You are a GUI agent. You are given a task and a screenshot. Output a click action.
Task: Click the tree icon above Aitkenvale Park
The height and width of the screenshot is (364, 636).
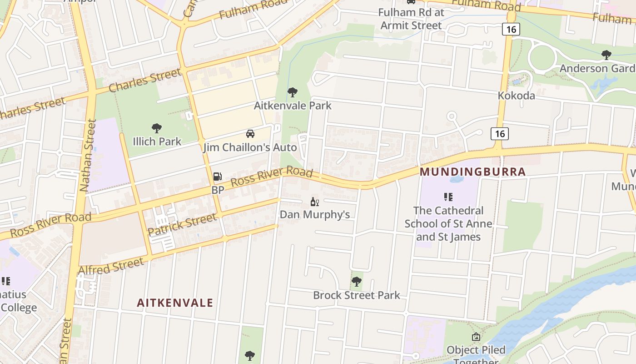(293, 92)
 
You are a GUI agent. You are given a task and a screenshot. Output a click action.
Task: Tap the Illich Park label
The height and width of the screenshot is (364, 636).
(157, 142)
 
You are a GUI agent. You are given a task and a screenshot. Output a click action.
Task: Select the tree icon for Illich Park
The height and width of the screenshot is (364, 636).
(157, 128)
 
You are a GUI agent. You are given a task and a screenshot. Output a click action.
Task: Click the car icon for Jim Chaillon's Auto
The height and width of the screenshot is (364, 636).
(250, 134)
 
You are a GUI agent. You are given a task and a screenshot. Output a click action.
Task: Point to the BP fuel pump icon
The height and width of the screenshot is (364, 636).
(218, 177)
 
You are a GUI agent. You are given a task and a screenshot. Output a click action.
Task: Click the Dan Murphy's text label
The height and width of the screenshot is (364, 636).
(314, 214)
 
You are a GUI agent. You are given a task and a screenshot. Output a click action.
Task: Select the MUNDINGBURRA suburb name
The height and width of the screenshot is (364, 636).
(472, 172)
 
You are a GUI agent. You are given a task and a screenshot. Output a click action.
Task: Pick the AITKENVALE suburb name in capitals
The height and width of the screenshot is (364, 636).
(175, 303)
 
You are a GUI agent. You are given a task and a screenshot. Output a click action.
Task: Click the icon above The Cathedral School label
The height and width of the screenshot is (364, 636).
(448, 197)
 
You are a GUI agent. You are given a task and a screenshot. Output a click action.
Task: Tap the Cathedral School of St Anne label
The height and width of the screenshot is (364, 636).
(448, 223)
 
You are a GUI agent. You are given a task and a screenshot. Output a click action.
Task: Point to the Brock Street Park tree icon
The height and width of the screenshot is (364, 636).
(357, 282)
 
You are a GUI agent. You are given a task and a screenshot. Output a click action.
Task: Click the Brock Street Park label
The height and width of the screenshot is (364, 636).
(357, 295)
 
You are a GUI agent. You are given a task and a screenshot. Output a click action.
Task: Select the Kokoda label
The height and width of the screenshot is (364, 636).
(516, 96)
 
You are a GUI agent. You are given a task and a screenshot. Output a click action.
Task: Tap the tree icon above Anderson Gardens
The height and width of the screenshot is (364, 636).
(606, 56)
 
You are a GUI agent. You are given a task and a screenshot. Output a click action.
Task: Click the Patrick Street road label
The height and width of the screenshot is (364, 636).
(182, 225)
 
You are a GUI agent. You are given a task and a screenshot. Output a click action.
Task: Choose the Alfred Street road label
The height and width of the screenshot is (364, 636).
(111, 267)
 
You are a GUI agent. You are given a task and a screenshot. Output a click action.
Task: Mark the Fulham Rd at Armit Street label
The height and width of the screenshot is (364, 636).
(411, 19)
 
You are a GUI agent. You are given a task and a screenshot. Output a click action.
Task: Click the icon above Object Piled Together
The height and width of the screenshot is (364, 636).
(476, 337)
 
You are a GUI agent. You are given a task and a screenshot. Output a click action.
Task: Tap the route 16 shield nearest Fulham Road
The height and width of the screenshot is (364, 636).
(511, 30)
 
